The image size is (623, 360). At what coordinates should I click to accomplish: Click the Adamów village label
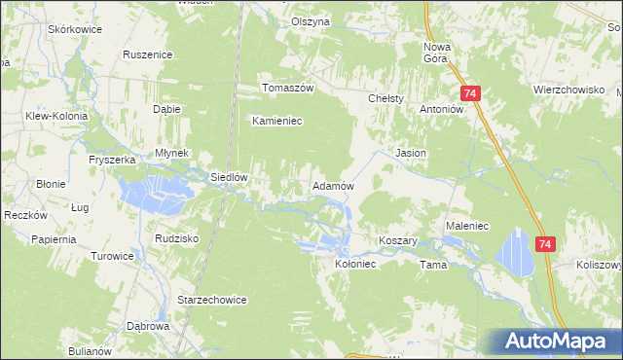coord(332,186)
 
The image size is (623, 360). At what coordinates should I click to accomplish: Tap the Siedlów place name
coord(232,178)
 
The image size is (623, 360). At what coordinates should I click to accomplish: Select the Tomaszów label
coord(287,88)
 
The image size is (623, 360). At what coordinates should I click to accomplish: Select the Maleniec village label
coord(466,226)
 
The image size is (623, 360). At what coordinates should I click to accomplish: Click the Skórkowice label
coord(75,30)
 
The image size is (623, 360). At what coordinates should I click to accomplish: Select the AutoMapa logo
coord(557,340)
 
